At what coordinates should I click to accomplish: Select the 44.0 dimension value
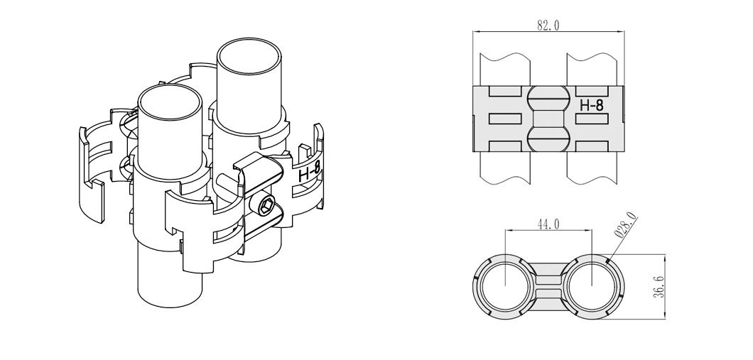click(x=547, y=224)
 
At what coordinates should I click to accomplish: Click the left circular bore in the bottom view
click(x=504, y=285)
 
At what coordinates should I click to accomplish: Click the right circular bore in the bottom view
click(x=591, y=285)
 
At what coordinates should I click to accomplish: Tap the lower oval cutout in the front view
click(x=548, y=138)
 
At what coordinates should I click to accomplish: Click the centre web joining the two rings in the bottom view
click(x=548, y=285)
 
